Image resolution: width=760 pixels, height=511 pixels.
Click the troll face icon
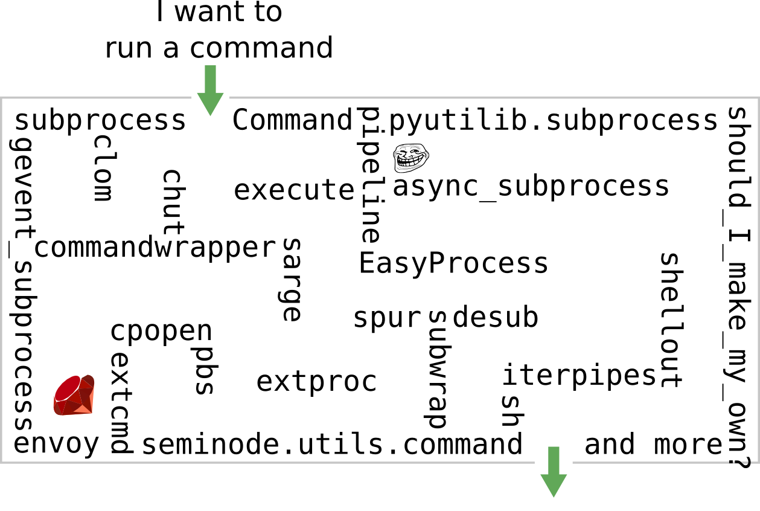[410, 158]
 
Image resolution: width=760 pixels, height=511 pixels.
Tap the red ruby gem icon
[74, 395]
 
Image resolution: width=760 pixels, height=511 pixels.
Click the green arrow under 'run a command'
[210, 89]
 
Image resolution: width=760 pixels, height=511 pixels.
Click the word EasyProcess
[453, 264]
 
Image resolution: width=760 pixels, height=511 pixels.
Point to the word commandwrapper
[155, 248]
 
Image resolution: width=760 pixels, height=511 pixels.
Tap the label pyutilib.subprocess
[553, 120]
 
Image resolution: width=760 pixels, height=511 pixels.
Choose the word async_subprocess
[531, 187]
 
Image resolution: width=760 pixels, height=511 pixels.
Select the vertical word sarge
[291, 279]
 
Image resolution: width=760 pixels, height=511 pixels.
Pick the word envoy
[56, 444]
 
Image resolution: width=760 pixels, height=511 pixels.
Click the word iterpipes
[579, 375]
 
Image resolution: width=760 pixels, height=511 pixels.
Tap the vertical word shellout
[670, 320]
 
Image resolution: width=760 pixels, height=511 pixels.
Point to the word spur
[386, 318]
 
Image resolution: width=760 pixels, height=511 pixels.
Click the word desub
[496, 317]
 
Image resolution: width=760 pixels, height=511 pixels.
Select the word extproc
[317, 382]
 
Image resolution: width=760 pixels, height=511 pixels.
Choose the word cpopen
[161, 330]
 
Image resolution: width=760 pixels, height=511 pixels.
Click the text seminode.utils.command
[332, 445]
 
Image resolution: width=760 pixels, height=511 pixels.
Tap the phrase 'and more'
[653, 445]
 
